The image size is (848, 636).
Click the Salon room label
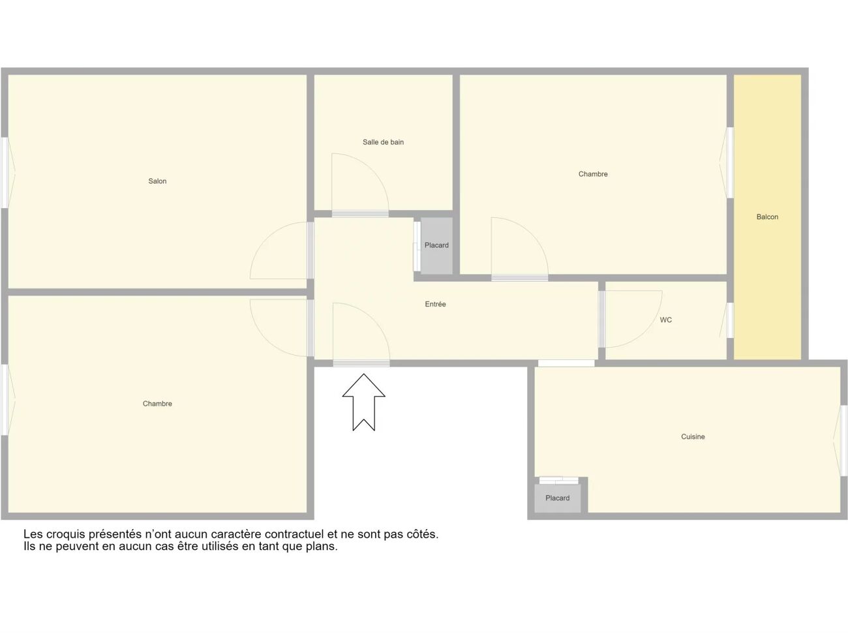click(x=157, y=181)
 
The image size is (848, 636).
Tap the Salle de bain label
click(x=383, y=142)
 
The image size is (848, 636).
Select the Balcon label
click(x=767, y=217)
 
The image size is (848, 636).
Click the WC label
click(x=665, y=320)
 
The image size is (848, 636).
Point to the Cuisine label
click(x=693, y=437)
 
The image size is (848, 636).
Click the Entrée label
click(x=435, y=304)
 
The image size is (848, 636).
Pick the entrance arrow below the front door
click(x=363, y=402)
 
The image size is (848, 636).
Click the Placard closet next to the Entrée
click(x=436, y=246)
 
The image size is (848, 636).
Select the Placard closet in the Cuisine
click(x=557, y=498)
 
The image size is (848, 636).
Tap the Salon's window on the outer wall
click(x=5, y=173)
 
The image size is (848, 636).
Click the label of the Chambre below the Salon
click(x=157, y=404)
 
